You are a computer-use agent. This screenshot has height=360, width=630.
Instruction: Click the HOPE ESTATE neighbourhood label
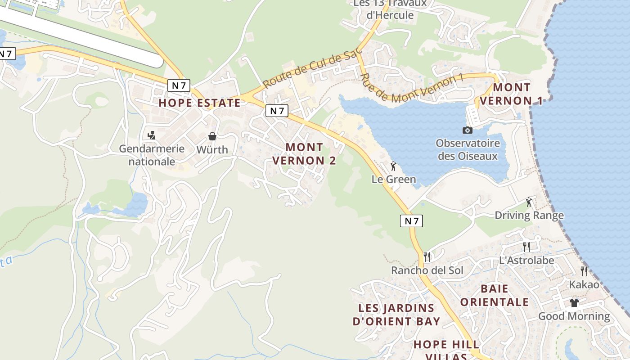coord(199,103)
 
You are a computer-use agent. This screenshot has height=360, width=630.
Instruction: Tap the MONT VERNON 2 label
coord(304,154)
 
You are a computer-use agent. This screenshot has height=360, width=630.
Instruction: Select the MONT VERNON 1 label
coord(511,94)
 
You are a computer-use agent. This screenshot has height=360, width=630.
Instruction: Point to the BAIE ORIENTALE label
coord(494,295)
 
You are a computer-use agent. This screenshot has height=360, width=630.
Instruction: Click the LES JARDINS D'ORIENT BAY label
coord(396,315)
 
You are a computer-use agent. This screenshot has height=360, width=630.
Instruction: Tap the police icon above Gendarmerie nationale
coord(152,135)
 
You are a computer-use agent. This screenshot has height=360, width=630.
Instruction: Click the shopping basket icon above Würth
coord(212,136)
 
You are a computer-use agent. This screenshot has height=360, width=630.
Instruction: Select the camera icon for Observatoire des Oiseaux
coord(468,130)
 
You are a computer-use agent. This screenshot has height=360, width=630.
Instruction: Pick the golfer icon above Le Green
coord(393,166)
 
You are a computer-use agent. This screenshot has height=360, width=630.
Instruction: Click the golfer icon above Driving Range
coord(529,202)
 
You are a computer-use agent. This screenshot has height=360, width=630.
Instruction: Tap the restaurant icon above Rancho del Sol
coord(427,257)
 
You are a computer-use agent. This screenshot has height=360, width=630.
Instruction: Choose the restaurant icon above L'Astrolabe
coord(526,247)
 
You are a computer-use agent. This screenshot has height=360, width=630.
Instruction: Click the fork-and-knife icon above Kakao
coord(584,271)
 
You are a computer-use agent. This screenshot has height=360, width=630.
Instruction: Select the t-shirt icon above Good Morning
coord(574,302)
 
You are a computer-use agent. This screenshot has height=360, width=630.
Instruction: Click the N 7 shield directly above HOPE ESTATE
coord(179,85)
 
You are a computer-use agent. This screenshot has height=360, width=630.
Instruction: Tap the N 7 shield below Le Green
coord(411,220)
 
